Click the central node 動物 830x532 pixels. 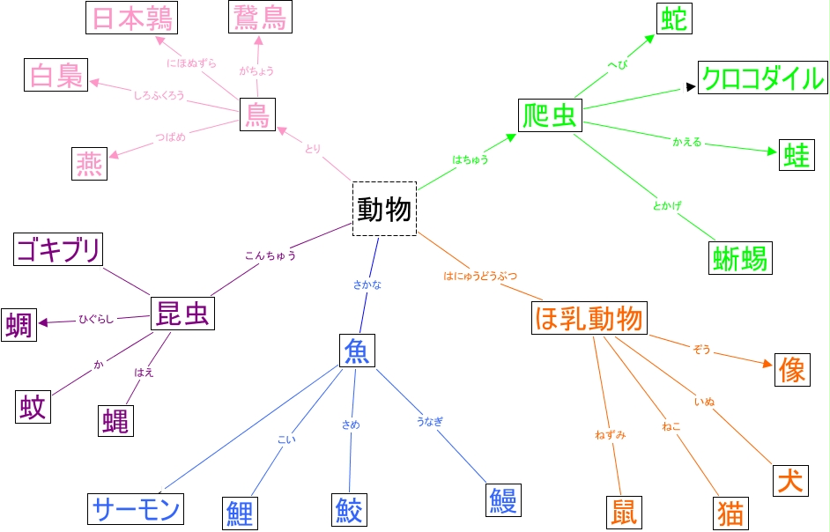point(384,209)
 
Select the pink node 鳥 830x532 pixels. point(257,115)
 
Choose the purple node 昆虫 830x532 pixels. point(182,313)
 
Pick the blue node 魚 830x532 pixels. point(357,350)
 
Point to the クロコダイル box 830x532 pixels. point(762,79)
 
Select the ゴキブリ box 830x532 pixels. point(58,249)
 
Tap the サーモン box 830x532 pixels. point(137,508)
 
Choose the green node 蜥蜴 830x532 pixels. point(740,257)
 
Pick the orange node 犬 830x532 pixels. point(789,480)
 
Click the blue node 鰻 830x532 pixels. point(504,499)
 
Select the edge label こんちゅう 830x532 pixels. point(270,256)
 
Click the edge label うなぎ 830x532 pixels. point(429,421)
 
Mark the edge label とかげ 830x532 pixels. point(667,205)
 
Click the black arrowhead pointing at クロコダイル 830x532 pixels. point(691,87)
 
